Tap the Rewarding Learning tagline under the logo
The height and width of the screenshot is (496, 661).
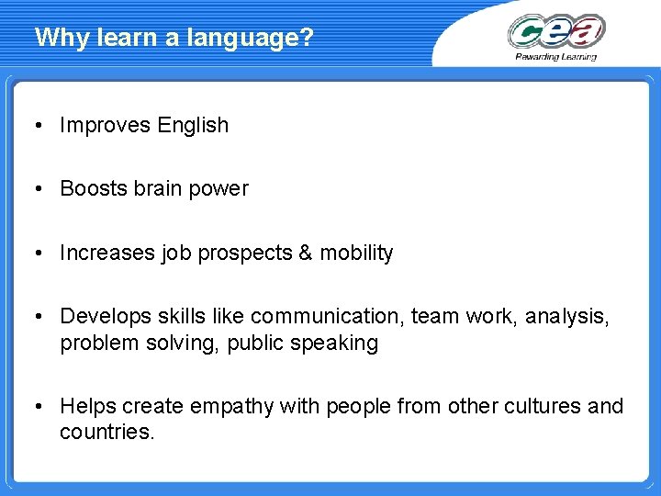[556, 56]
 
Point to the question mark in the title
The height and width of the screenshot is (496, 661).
[308, 38]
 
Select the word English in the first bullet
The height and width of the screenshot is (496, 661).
[193, 126]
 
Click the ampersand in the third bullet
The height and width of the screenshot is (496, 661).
[305, 253]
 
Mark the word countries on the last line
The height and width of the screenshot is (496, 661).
[106, 432]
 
